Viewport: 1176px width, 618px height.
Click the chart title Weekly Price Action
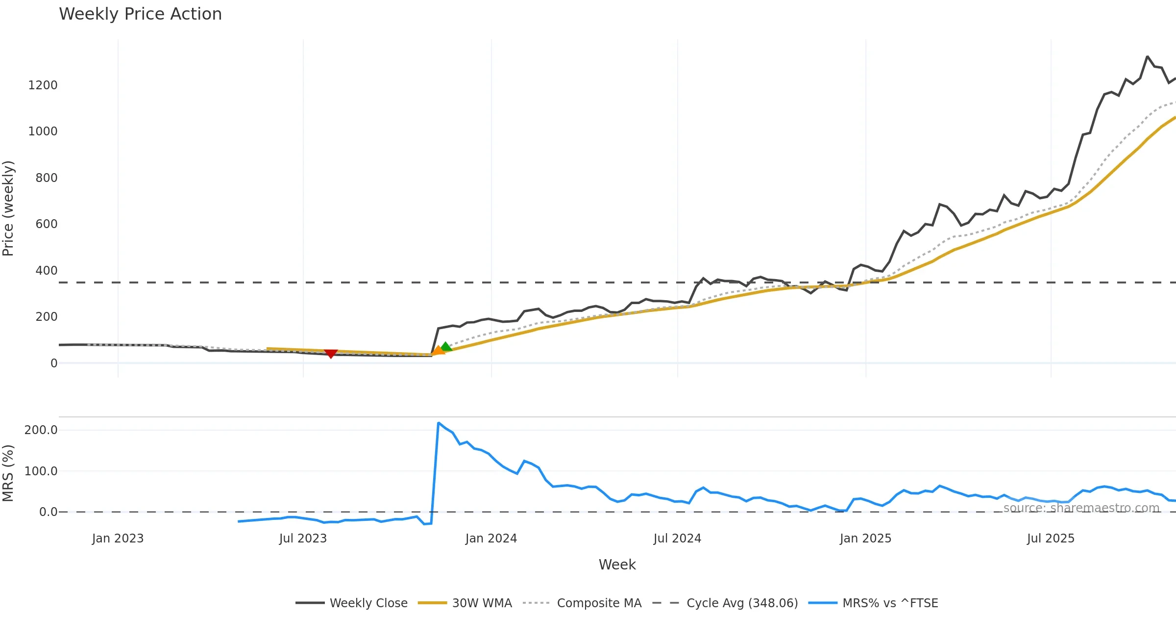[140, 14]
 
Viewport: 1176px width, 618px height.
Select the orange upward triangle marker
[438, 350]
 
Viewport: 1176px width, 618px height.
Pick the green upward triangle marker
[445, 347]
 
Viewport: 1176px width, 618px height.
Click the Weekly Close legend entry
[368, 603]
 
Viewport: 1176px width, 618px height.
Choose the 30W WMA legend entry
[482, 603]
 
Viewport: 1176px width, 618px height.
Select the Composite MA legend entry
[599, 603]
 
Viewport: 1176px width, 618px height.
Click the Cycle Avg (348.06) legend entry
[742, 603]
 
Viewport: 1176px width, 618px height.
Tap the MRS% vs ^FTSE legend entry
[890, 603]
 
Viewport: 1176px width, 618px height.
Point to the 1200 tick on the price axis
[43, 85]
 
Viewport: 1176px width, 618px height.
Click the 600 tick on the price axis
[46, 224]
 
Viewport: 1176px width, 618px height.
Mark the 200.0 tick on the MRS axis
[41, 430]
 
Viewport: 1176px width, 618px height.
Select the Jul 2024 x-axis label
[677, 539]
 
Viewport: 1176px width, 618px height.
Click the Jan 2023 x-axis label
[118, 539]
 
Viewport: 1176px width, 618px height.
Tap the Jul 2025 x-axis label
[1051, 539]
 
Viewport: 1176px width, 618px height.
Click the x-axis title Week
[617, 565]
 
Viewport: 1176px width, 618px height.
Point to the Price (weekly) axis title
[8, 208]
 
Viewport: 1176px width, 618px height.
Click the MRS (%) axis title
[8, 473]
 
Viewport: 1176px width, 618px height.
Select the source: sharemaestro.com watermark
[1081, 508]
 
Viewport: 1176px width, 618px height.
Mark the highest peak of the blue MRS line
[439, 423]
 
